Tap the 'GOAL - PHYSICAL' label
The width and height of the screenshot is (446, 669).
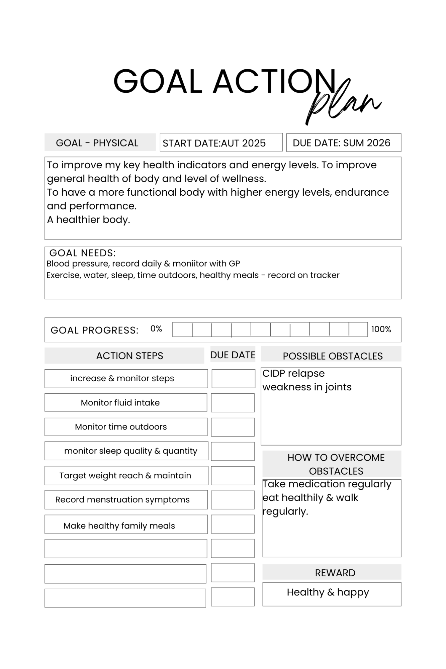coord(97,143)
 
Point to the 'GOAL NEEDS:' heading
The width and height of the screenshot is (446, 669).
coord(82,253)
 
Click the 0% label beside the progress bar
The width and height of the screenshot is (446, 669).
coord(156,329)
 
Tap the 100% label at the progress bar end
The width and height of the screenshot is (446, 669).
coord(381,329)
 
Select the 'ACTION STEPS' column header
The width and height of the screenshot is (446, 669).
coord(129,356)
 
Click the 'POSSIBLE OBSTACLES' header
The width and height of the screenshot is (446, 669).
coord(333,356)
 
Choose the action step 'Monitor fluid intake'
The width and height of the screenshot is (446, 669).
coord(120,403)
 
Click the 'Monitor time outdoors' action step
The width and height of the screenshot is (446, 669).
coord(121,427)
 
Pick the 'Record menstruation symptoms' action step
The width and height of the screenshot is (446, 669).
coord(122,500)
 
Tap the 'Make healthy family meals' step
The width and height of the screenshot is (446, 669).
coord(119,526)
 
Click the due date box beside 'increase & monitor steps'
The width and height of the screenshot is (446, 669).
coord(233,379)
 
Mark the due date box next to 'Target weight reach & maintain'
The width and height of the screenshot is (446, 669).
coord(233,476)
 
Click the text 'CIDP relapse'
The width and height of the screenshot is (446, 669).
coord(293,373)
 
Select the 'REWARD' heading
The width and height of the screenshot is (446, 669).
coord(335,573)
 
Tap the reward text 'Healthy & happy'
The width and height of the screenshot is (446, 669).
coord(328,592)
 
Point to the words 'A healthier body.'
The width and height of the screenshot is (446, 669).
coord(88,220)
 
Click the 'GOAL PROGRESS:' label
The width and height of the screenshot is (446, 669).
coord(94,330)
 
